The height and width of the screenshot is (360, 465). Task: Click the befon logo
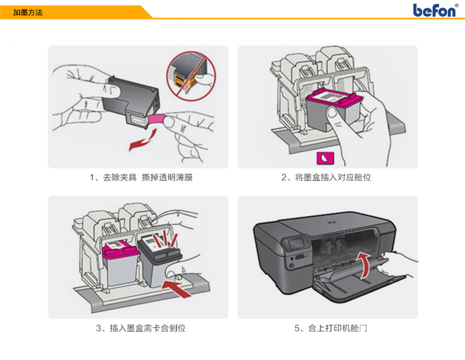(434, 11)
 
